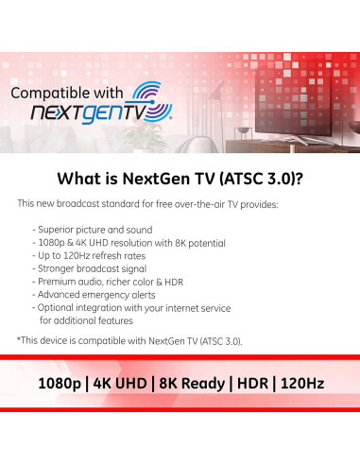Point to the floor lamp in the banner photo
coord(237,113)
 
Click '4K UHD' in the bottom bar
coord(126,384)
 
